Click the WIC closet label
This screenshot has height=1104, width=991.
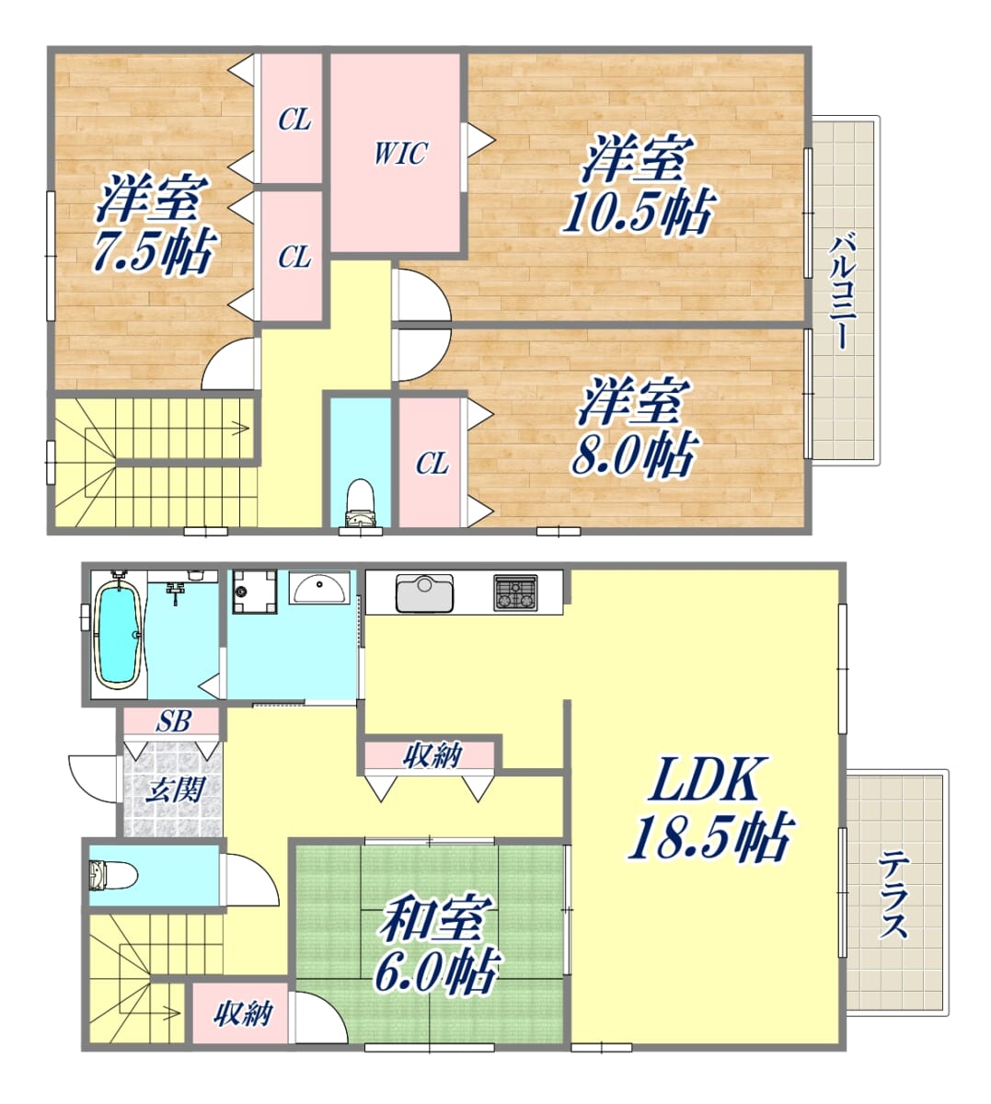400,153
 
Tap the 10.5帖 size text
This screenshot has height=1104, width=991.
639,212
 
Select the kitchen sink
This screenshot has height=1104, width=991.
424,592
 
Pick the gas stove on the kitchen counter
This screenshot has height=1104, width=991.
515,592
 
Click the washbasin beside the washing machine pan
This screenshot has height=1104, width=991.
319,588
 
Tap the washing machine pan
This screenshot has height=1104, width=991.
255,592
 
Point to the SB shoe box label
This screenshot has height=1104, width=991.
173,721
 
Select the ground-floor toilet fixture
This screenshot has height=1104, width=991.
113,876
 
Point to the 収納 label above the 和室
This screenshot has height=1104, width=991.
432,755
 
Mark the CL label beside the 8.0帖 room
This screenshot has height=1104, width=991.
432,464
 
